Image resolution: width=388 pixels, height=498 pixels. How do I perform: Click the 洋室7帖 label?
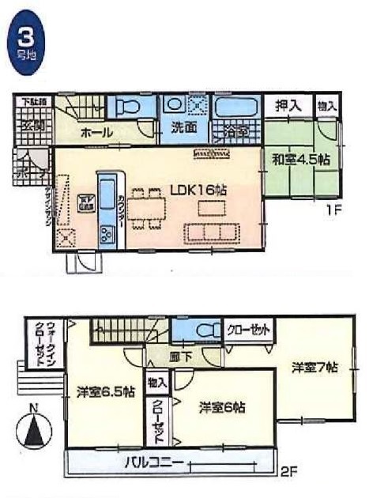tap(315, 367)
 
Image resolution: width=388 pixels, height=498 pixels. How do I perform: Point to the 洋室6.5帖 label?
tap(105, 390)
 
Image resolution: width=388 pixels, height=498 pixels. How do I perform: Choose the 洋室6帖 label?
tap(221, 407)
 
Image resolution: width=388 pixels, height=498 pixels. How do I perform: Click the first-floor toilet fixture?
tap(129, 108)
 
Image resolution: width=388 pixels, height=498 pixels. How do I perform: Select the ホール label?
tap(97, 132)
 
